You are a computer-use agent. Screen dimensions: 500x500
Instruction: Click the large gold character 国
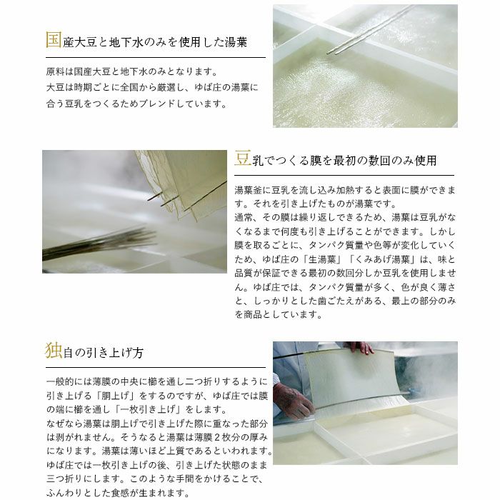tap(54, 40)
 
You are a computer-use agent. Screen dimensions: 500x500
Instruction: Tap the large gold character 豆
tap(243, 158)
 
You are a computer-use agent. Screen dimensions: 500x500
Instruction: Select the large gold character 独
tap(54, 351)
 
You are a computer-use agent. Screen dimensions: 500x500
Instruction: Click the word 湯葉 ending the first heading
tap(236, 42)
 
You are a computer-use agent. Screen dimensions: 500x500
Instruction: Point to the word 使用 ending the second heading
tap(425, 161)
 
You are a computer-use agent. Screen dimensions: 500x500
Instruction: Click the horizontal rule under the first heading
tap(156, 57)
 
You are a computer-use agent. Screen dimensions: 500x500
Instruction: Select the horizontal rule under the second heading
tap(344, 175)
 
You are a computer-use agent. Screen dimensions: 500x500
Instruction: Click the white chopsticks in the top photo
tap(370, 30)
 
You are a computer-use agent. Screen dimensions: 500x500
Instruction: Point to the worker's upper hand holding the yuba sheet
tap(361, 348)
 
